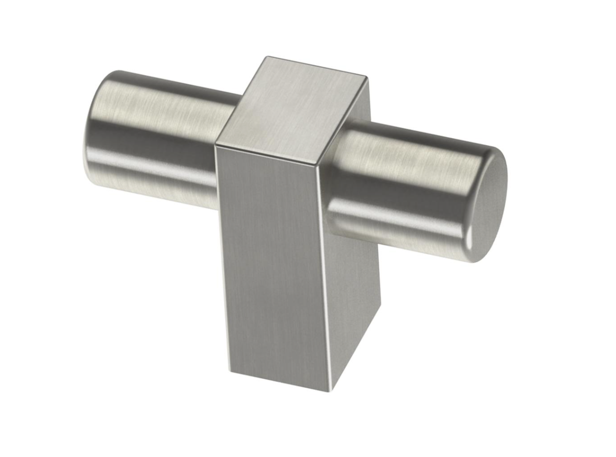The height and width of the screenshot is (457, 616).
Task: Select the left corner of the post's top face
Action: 215,142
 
